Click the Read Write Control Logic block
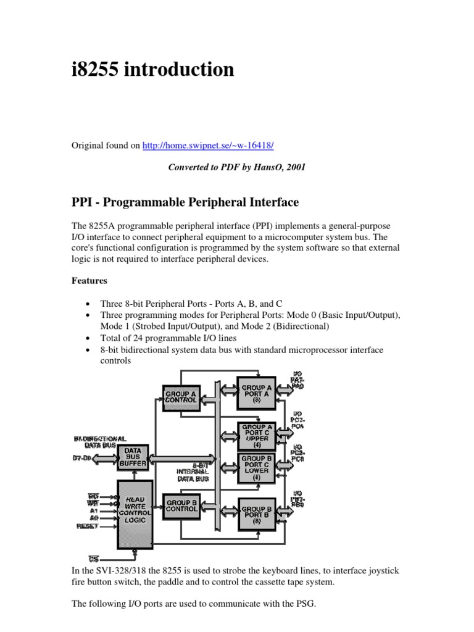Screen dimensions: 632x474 coord(135,513)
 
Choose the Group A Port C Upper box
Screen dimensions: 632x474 coord(256,436)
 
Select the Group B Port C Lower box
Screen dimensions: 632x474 coord(256,468)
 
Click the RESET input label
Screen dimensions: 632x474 coord(87,526)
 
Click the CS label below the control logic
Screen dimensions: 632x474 coord(94,558)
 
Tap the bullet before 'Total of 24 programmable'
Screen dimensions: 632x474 coord(89,338)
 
